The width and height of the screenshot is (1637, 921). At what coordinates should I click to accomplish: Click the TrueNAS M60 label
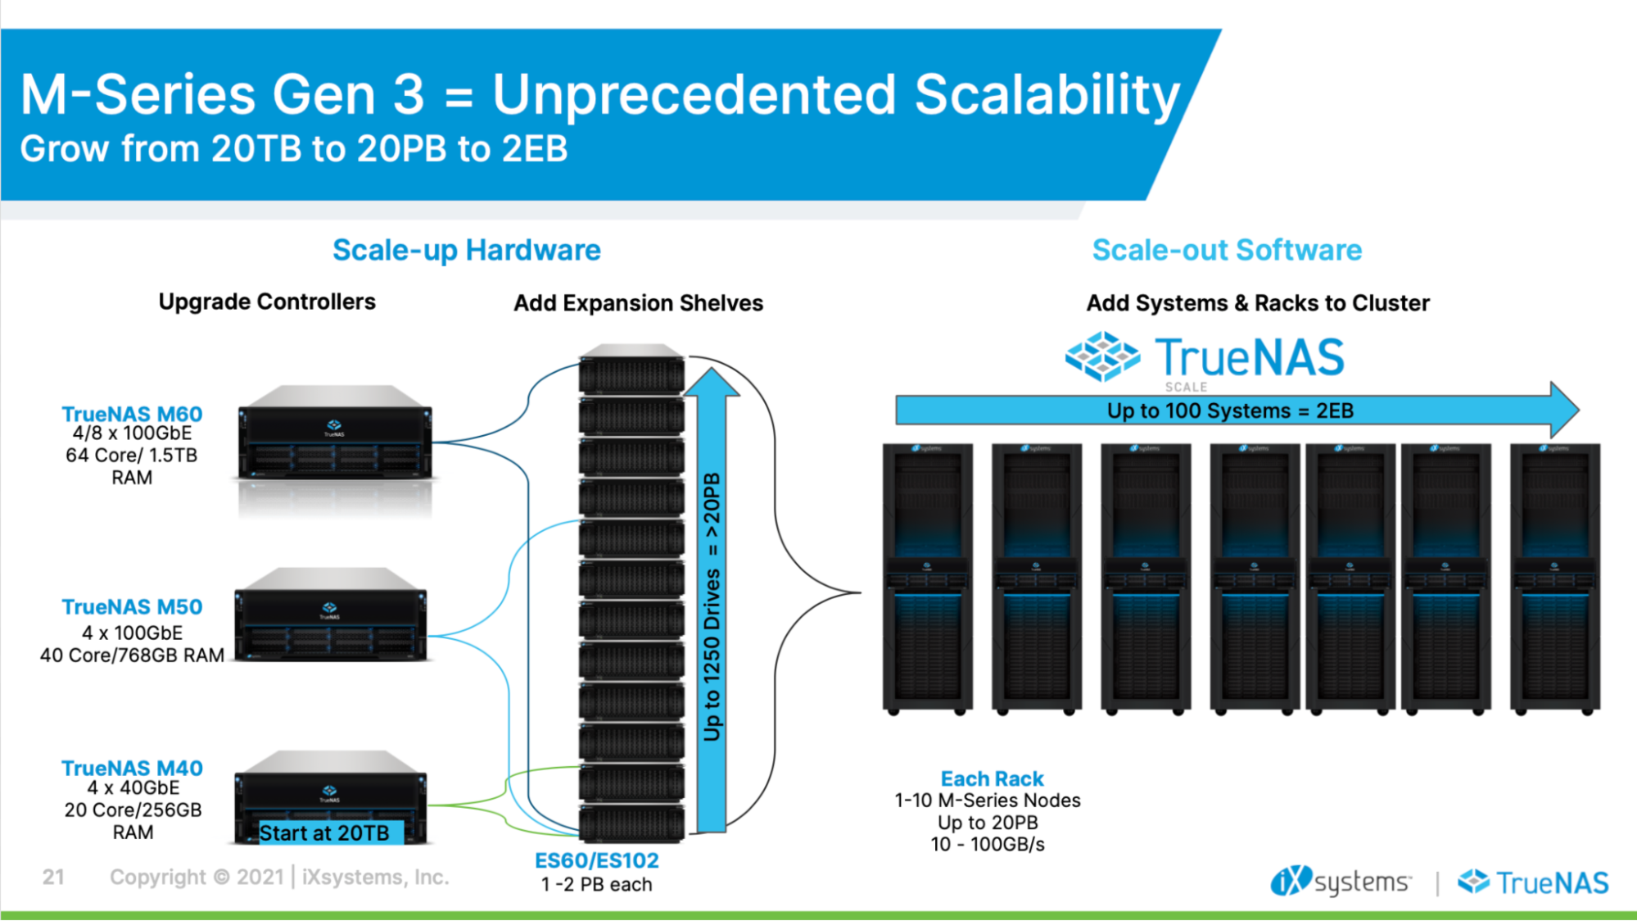coord(132,414)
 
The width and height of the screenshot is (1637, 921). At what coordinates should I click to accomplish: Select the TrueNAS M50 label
coord(132,607)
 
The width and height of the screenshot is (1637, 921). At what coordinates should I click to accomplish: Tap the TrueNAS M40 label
coord(132,769)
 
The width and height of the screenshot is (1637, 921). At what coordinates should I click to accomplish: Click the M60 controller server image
coord(334,434)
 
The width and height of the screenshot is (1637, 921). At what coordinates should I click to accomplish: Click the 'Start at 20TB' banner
coord(324,833)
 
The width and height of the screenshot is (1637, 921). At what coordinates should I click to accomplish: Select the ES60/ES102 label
coord(596,860)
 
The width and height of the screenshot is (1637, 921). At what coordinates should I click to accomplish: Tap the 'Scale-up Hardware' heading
coord(466,250)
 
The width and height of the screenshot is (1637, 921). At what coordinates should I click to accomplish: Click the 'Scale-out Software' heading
coord(1227,250)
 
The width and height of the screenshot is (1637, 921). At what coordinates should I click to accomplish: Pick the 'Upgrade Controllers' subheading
coord(267,302)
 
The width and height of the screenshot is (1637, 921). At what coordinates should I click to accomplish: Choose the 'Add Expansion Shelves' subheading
coord(638,303)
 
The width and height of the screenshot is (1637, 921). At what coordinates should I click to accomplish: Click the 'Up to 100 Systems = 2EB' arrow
coord(1230,411)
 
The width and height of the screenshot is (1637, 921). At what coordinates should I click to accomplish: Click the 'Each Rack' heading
coord(992,778)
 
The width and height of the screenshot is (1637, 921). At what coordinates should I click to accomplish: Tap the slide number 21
coord(53,878)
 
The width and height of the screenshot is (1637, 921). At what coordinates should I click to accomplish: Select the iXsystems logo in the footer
coord(1341,882)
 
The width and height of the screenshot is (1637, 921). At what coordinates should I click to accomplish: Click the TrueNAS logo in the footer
coord(1533,882)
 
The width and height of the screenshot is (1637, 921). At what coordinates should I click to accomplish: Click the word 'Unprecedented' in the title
coord(694,95)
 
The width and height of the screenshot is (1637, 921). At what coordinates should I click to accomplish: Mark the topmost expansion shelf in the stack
coord(631,373)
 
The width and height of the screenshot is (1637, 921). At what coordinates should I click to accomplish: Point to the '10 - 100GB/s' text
coord(988,845)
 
